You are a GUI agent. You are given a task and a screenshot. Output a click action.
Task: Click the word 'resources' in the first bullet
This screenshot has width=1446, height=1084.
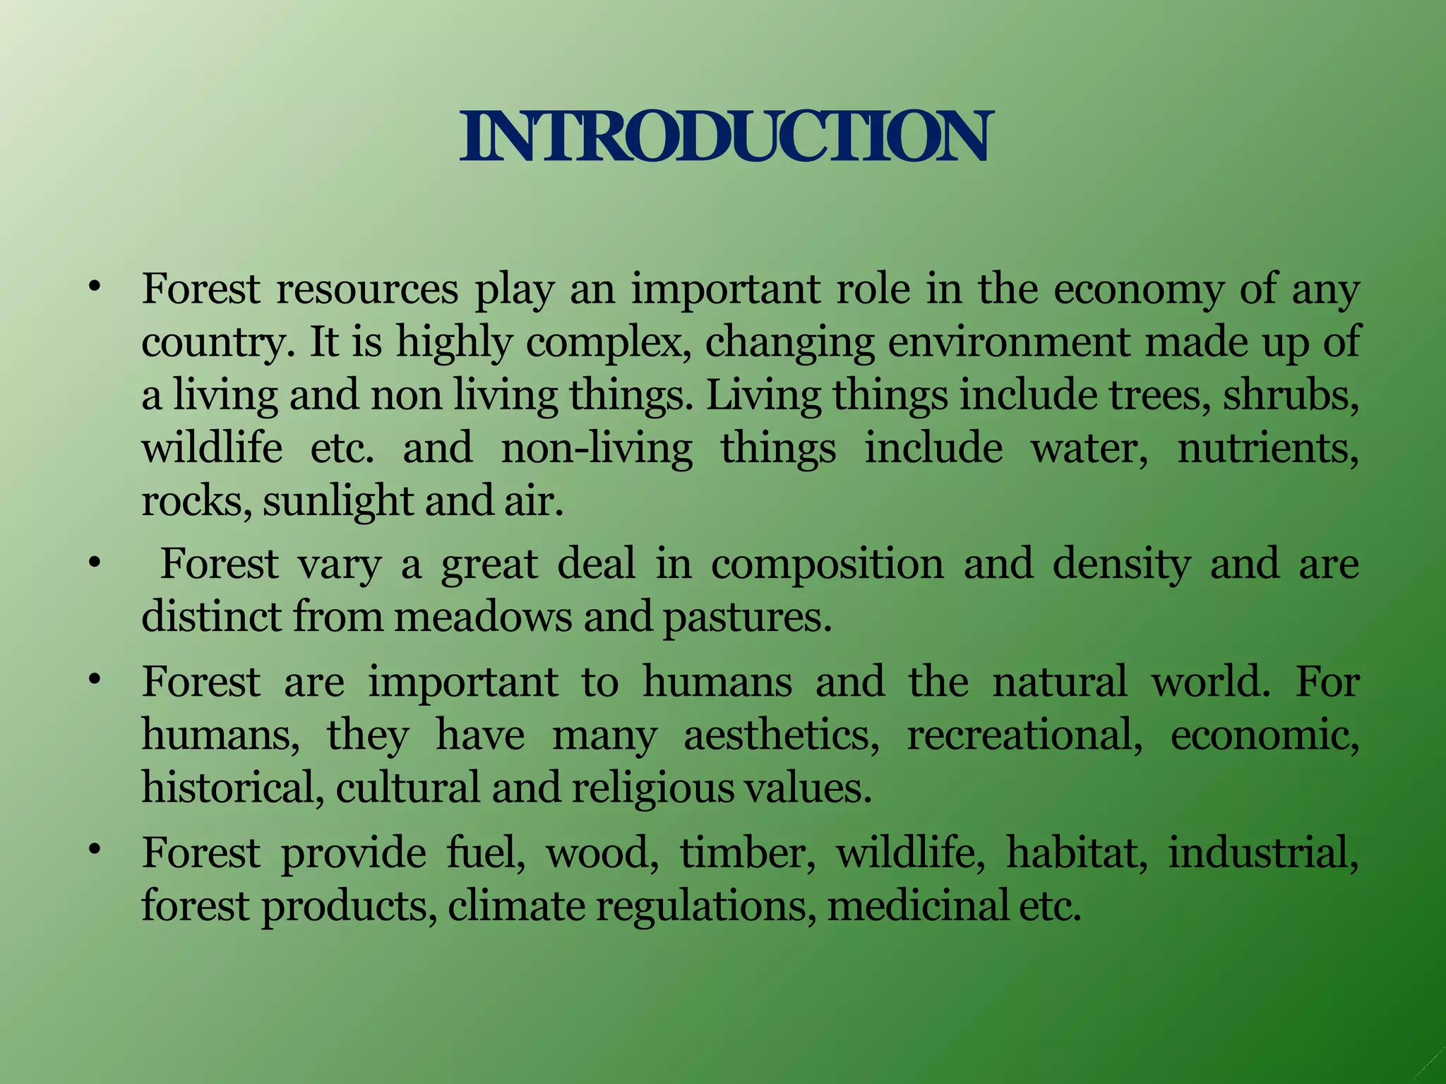click(367, 290)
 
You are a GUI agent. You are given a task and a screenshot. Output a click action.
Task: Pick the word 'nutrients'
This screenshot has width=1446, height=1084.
click(1267, 449)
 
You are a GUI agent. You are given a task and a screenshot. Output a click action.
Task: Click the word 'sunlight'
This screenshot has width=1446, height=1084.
click(338, 502)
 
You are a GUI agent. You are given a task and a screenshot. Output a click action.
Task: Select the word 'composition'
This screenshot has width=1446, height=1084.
click(827, 565)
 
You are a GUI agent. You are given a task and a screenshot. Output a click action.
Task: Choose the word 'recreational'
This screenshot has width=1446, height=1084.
click(1024, 735)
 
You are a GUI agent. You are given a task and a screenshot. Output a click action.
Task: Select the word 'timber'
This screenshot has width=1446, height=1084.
click(748, 853)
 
